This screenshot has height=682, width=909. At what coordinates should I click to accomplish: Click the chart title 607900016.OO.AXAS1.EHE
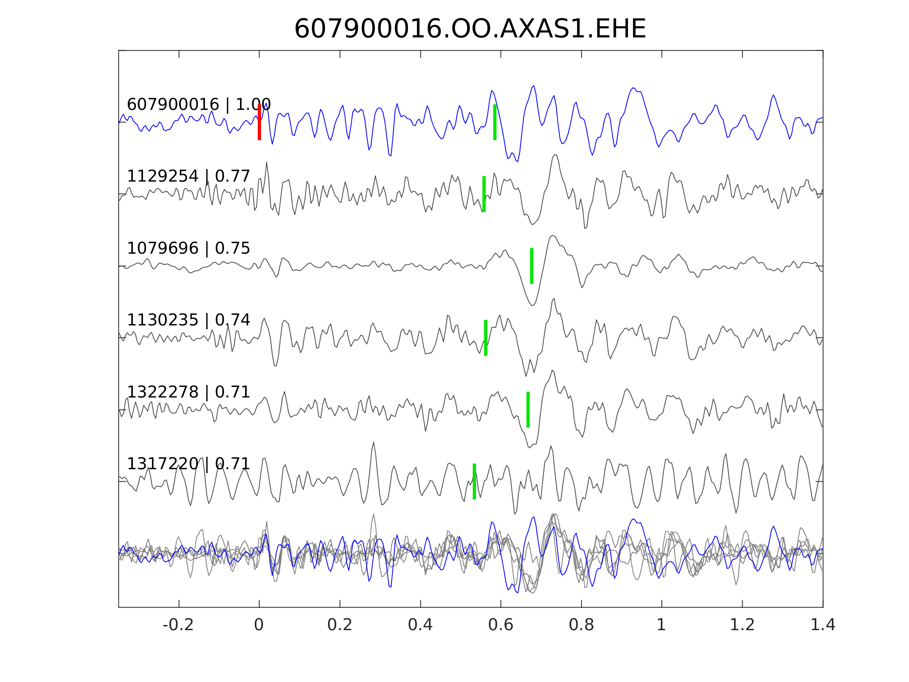(x=470, y=29)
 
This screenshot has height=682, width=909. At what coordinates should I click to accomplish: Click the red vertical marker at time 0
(x=259, y=122)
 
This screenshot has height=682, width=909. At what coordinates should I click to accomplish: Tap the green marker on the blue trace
(x=495, y=122)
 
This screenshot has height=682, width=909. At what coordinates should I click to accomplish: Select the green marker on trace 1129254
(x=484, y=194)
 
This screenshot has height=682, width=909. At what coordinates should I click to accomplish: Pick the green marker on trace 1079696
(x=532, y=266)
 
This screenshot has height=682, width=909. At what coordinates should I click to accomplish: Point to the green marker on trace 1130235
(x=486, y=338)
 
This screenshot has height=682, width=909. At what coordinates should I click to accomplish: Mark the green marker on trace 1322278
(x=528, y=410)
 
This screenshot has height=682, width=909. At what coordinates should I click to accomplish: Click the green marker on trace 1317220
(x=474, y=482)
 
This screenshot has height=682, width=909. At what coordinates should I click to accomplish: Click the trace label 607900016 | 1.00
(x=198, y=105)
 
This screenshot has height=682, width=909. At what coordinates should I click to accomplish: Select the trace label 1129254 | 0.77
(x=188, y=177)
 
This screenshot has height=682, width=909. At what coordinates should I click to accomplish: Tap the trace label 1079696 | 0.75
(x=188, y=248)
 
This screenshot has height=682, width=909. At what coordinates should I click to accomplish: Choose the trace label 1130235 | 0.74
(x=188, y=320)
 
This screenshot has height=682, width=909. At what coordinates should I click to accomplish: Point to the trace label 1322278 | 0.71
(x=188, y=392)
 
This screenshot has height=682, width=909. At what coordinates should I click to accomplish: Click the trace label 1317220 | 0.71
(x=188, y=464)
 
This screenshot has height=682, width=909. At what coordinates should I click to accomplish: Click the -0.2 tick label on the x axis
(x=178, y=625)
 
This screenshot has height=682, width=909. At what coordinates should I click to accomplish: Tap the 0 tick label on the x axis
(x=259, y=625)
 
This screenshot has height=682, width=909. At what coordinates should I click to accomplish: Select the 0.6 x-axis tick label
(x=501, y=625)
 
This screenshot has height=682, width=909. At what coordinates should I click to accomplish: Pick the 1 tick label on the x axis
(x=661, y=625)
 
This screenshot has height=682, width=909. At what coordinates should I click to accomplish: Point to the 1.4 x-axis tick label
(x=823, y=625)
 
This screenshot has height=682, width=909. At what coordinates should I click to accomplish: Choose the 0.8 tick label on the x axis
(x=581, y=625)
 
